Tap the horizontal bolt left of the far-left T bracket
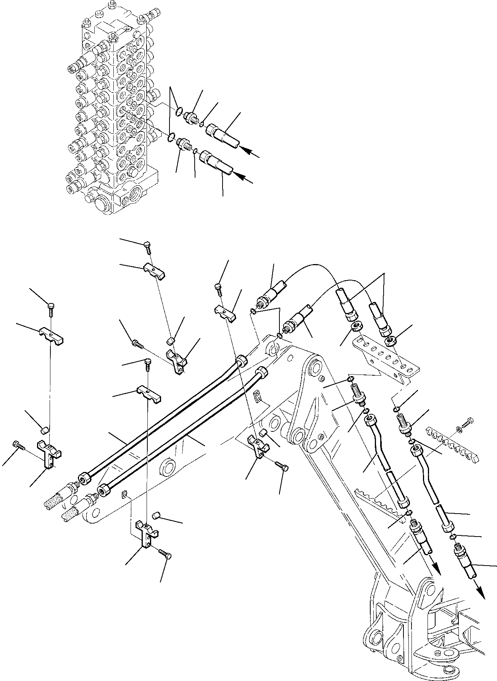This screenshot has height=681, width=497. click(18, 445)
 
